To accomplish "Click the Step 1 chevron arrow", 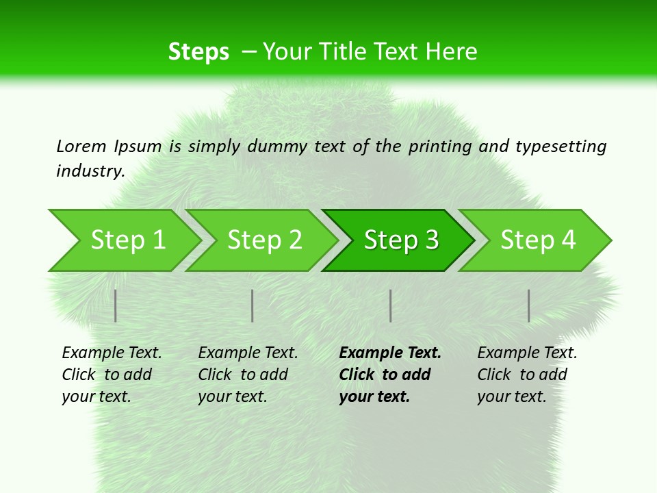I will pyautogui.click(x=127, y=240).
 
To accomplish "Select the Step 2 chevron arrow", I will pyautogui.click(x=263, y=240).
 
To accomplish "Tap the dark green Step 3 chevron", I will pyautogui.click(x=400, y=240).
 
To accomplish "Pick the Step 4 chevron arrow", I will pyautogui.click(x=537, y=240).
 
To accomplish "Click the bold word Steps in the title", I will pyautogui.click(x=198, y=52).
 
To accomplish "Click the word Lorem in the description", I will pyautogui.click(x=81, y=146).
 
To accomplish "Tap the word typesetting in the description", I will pyautogui.click(x=561, y=146).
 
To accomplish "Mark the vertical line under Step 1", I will pyautogui.click(x=116, y=305).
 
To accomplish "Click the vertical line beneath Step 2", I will pyautogui.click(x=253, y=305).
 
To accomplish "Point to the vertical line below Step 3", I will pyautogui.click(x=390, y=305).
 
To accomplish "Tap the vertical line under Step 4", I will pyautogui.click(x=528, y=305).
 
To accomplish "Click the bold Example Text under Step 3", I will pyautogui.click(x=390, y=353).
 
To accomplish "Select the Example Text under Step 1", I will pyautogui.click(x=112, y=353).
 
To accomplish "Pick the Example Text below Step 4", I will pyautogui.click(x=527, y=353).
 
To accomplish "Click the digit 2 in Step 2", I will pyautogui.click(x=294, y=240).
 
